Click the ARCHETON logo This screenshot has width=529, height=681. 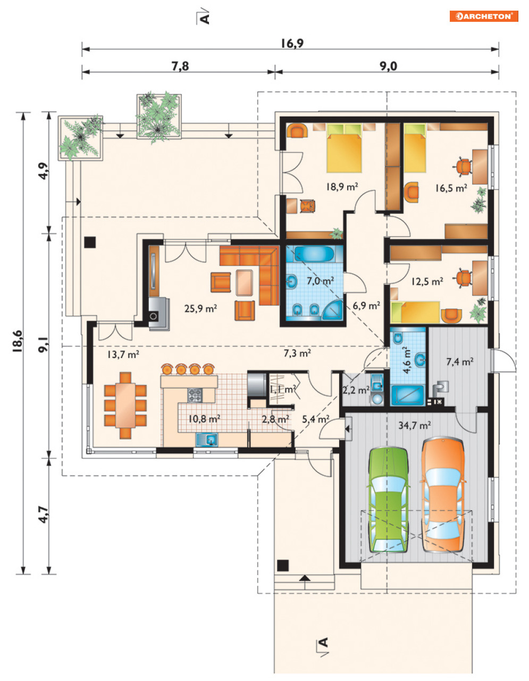484,16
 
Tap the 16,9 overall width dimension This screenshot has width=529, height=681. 292,43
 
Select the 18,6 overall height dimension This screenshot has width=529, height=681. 18,341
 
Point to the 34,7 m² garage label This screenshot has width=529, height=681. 414,425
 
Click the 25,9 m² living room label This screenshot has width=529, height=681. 200,309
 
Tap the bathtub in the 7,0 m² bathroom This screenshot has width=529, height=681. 314,254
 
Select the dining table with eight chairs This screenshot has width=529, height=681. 125,405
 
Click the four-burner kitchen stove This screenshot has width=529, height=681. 195,395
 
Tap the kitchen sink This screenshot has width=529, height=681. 207,439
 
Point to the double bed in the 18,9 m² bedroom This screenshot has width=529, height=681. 343,148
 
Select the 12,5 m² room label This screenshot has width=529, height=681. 427,281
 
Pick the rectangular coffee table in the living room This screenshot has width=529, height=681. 244,283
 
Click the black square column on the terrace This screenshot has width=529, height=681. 90,242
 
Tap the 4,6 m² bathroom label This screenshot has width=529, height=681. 407,360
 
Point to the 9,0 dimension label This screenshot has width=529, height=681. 388,66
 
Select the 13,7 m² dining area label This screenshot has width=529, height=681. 123,354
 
